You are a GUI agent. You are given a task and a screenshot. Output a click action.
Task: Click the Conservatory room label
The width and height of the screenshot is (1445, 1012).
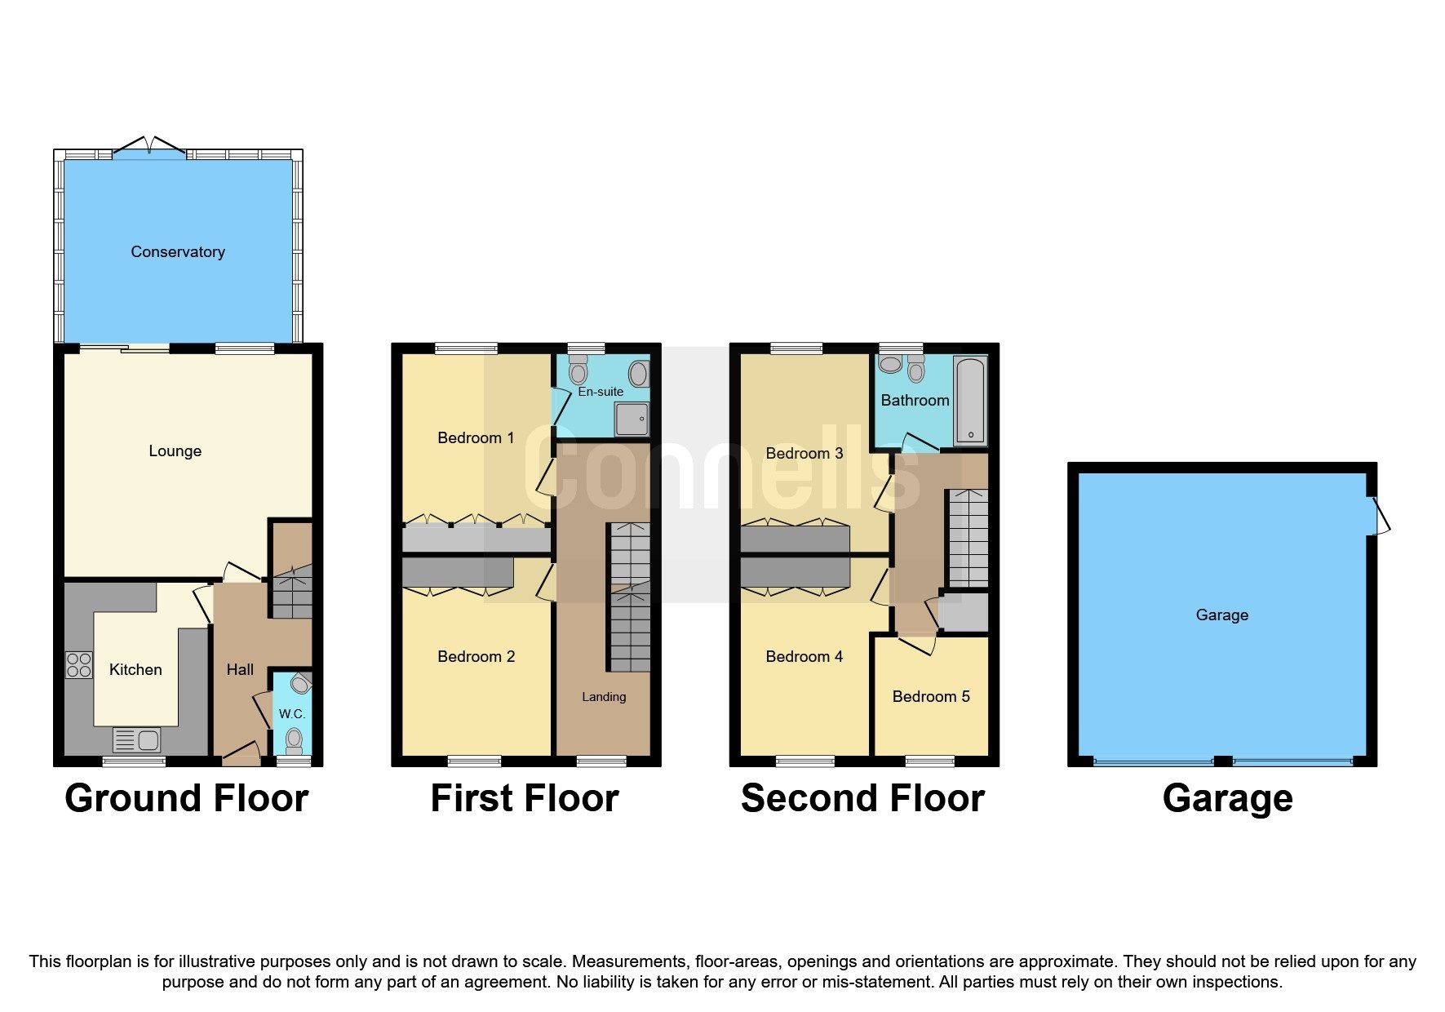tap(178, 252)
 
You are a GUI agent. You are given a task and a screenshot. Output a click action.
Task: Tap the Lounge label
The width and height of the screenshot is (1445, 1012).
tap(175, 451)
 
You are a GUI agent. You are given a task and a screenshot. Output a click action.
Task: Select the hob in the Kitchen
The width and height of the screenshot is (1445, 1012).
tap(79, 665)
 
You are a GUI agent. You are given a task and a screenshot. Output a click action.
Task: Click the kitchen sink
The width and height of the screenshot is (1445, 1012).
tap(137, 740)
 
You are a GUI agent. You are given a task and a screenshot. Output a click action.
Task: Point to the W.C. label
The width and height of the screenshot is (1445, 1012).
tap(292, 714)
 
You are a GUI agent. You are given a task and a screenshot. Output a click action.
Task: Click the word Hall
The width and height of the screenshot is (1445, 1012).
tap(240, 670)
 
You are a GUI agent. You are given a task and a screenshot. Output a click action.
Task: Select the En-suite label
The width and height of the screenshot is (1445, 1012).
tap(601, 392)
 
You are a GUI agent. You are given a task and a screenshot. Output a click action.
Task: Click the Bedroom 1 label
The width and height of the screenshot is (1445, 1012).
tap(476, 438)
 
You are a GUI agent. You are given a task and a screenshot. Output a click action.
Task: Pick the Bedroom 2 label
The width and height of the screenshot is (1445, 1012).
tap(476, 657)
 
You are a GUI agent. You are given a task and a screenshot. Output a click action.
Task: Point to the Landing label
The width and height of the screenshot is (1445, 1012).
tap(604, 697)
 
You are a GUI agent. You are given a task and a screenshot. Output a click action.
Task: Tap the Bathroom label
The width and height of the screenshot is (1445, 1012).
tap(915, 401)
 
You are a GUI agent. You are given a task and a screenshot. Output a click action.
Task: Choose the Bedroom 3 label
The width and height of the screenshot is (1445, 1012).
tap(804, 454)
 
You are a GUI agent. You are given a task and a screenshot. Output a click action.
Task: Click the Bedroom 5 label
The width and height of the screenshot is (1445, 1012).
tap(931, 697)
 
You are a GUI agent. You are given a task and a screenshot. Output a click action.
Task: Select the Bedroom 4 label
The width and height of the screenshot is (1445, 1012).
tap(804, 657)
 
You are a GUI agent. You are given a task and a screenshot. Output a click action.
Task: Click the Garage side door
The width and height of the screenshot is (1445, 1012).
tap(1380, 516)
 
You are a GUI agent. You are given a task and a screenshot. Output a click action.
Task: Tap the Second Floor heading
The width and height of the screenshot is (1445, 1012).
tap(862, 798)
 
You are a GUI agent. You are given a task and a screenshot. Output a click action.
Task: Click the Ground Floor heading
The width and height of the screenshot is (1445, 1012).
tap(187, 798)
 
